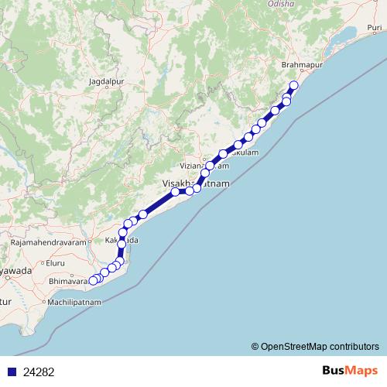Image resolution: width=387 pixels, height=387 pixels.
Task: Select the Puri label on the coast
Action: coord(368,29)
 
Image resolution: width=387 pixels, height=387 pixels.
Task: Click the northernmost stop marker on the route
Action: coord(293,86)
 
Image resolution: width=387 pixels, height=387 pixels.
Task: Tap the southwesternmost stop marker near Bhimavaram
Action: coord(93,280)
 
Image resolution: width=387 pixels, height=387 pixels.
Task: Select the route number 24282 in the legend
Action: coord(39,372)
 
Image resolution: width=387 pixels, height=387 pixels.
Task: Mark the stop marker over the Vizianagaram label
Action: coord(210,166)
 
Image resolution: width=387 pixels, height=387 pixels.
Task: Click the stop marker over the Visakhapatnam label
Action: coord(176,191)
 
